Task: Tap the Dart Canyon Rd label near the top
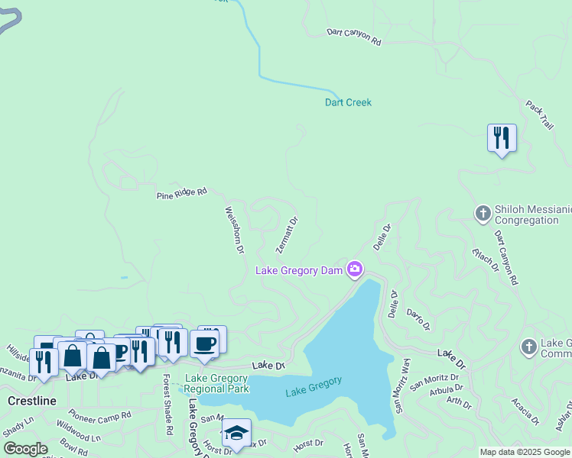(x=353, y=37)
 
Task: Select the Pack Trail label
(x=539, y=114)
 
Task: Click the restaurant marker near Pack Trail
(x=502, y=138)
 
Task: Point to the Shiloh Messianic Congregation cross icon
(x=483, y=213)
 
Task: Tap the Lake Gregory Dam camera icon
(x=354, y=269)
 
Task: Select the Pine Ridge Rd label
(x=182, y=194)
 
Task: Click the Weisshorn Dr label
(x=234, y=229)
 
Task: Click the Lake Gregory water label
(x=314, y=386)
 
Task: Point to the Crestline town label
(x=31, y=400)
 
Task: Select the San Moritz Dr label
(x=434, y=379)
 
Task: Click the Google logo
(x=25, y=449)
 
